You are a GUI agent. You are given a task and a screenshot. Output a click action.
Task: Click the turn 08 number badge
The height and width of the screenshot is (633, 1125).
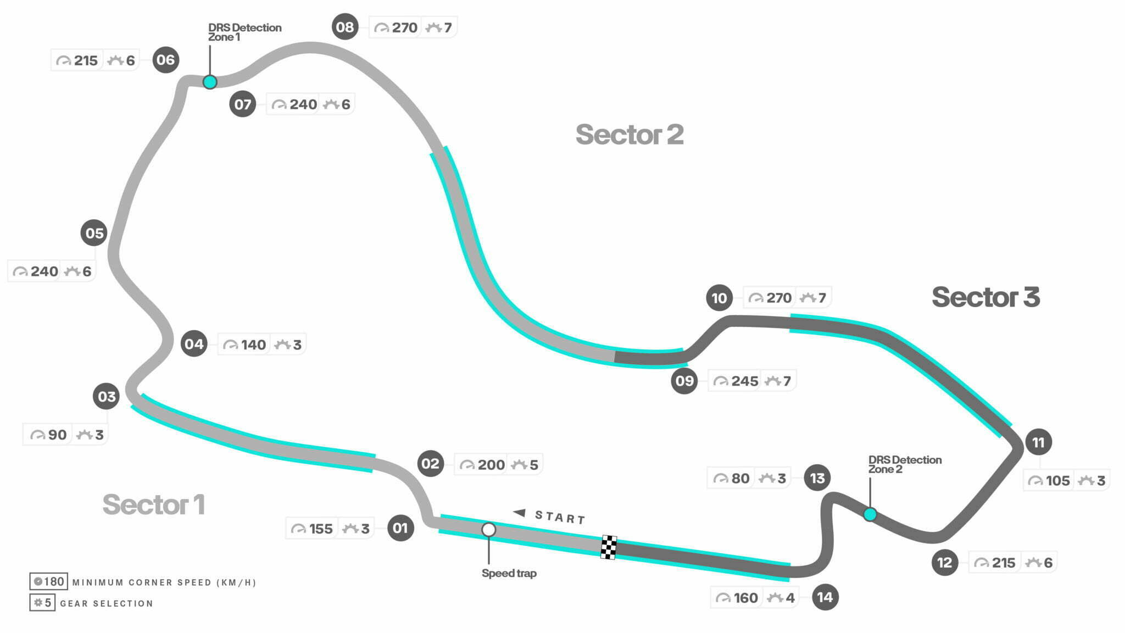(x=345, y=27)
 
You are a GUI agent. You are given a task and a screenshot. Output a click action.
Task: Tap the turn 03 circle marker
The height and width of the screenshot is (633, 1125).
(x=107, y=396)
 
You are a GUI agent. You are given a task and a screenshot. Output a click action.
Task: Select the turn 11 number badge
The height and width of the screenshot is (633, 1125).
(x=1038, y=442)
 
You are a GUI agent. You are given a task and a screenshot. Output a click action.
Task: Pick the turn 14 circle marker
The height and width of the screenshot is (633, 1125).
(x=825, y=597)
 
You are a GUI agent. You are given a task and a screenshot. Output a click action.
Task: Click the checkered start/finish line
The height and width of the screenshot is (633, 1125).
(x=609, y=547)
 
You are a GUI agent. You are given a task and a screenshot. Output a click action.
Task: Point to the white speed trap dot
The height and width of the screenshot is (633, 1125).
(x=488, y=530)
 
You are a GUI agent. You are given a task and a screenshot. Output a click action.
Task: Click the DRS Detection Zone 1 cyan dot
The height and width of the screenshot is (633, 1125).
(x=210, y=82)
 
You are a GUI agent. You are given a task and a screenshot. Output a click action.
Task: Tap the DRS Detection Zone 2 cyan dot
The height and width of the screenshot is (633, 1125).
(x=870, y=514)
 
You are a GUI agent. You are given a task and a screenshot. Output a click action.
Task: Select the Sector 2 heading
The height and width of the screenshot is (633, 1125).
(x=630, y=135)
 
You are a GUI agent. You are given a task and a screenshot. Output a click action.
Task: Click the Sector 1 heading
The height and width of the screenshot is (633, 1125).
(x=154, y=504)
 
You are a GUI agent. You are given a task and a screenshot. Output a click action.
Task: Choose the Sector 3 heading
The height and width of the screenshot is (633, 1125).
(x=986, y=297)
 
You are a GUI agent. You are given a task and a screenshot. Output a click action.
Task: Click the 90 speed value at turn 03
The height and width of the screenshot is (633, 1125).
(x=57, y=435)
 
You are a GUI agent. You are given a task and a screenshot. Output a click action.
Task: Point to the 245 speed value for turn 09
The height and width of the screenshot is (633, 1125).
(x=744, y=381)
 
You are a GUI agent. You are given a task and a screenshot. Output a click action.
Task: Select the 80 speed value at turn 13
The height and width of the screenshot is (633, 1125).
(x=740, y=479)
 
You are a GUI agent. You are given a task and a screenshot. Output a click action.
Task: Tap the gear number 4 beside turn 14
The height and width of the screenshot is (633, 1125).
(x=790, y=598)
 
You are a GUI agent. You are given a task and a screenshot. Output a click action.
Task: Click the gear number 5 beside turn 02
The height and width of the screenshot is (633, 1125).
(x=534, y=465)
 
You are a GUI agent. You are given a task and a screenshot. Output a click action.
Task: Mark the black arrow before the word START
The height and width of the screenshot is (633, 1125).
(x=520, y=513)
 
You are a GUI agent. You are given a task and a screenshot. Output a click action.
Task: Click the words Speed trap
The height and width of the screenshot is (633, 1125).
(x=509, y=573)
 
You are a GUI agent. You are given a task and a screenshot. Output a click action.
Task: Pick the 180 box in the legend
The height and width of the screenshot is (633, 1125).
(x=49, y=581)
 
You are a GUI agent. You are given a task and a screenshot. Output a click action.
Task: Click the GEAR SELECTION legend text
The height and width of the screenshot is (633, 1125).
(x=107, y=603)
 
